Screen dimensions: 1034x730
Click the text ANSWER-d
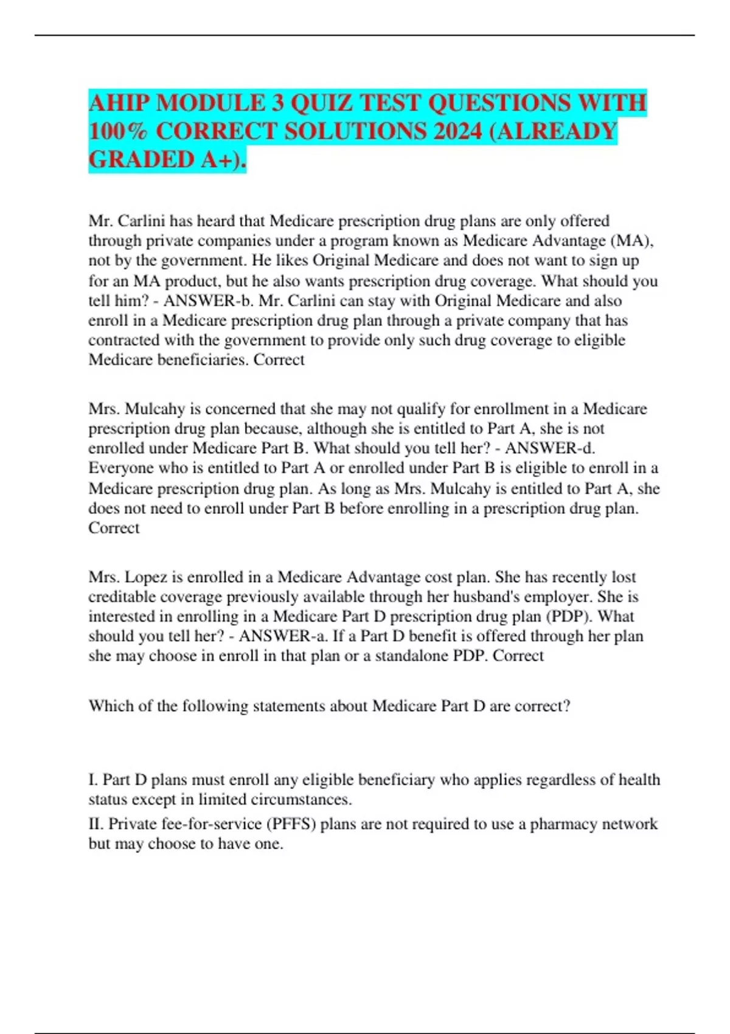tap(550, 448)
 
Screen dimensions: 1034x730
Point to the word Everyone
tap(121, 468)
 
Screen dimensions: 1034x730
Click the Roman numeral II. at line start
tap(96, 824)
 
